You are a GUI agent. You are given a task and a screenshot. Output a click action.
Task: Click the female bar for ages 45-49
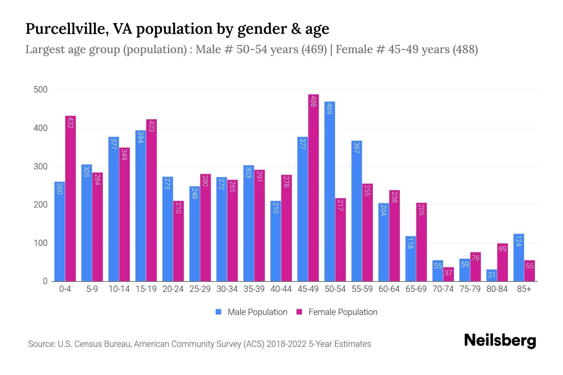[x=313, y=187]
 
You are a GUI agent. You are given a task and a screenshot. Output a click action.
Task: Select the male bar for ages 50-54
[x=330, y=191]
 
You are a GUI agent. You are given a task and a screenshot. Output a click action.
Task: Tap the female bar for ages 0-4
[x=70, y=198]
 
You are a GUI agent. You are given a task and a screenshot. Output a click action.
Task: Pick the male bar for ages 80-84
[x=492, y=275]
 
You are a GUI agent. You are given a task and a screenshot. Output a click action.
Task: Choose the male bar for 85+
[x=519, y=257]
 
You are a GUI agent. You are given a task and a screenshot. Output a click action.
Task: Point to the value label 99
[x=502, y=249]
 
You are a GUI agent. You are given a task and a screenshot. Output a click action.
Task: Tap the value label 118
[x=411, y=243]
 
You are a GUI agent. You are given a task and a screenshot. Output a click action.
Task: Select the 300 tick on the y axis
[x=40, y=167]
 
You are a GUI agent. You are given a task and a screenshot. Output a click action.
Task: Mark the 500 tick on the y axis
[x=40, y=90]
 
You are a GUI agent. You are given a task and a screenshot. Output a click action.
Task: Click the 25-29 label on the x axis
[x=200, y=289]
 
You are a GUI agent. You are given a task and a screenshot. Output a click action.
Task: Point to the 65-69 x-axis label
[x=416, y=289]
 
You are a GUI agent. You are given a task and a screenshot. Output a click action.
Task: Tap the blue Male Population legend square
[x=218, y=312]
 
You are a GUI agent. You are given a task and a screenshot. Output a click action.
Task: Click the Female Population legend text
[x=342, y=312]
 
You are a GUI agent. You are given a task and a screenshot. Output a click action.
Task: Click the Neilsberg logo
[x=500, y=341]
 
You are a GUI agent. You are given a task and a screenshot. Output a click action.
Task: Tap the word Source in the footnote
[x=41, y=344]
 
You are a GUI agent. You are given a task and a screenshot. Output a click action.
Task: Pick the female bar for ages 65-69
[x=421, y=242]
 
